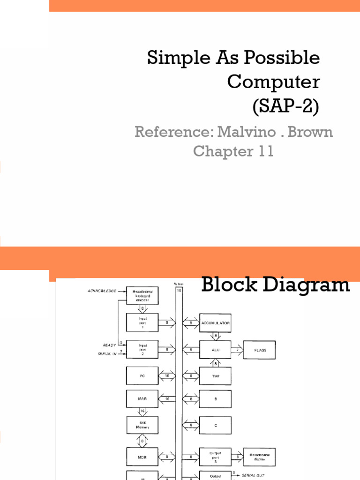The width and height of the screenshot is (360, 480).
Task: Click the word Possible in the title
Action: (x=287, y=58)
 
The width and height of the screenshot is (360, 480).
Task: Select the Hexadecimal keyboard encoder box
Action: (x=142, y=295)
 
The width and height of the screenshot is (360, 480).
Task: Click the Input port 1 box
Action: (x=142, y=322)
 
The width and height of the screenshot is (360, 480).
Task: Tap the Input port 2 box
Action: (x=142, y=349)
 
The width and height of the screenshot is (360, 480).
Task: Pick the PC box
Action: (x=142, y=376)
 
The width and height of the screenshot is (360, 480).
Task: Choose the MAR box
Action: (x=142, y=398)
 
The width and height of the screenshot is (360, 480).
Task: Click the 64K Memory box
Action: (x=142, y=425)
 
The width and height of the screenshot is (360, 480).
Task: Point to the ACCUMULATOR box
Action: (x=215, y=322)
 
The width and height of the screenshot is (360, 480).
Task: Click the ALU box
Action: (x=215, y=350)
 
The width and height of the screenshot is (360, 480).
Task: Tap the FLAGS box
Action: (x=259, y=350)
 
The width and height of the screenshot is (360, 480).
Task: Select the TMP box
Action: (x=215, y=376)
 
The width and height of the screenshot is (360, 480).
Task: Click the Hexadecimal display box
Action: (x=259, y=456)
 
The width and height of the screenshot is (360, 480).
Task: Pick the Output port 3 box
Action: (x=215, y=456)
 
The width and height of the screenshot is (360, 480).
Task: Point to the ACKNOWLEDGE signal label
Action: (x=102, y=291)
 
